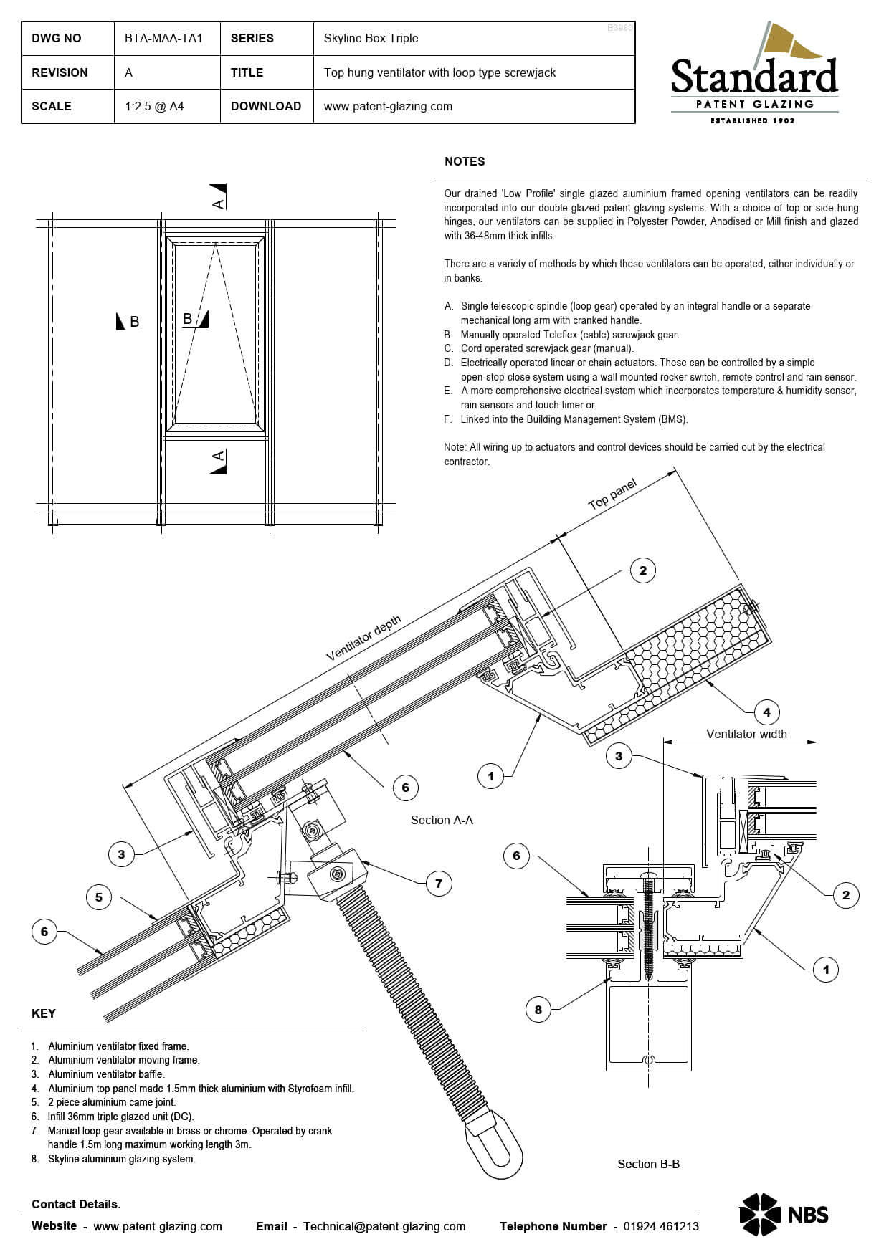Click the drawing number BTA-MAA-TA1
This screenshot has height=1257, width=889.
(163, 39)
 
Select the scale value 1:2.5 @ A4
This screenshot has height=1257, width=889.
(154, 106)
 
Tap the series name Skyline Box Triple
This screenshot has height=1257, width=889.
(371, 39)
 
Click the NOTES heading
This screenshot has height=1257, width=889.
(465, 162)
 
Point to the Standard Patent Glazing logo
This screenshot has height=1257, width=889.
(754, 75)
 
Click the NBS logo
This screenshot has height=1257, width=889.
(784, 1214)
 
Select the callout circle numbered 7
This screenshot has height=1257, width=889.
(439, 884)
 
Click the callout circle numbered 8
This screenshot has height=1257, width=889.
(538, 1010)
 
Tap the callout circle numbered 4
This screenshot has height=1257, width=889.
(766, 712)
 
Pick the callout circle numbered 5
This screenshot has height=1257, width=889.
(99, 897)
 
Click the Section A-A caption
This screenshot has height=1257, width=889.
(442, 820)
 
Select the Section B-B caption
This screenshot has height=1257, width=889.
(648, 1164)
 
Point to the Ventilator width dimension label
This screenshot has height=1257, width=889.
(746, 734)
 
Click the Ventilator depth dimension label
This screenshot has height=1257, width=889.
(363, 638)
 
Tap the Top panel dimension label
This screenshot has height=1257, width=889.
(612, 494)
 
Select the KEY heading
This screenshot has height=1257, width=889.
(44, 1013)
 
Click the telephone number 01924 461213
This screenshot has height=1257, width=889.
(660, 1226)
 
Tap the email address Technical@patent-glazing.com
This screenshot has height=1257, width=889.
(384, 1226)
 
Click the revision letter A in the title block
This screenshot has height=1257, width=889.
(129, 72)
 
